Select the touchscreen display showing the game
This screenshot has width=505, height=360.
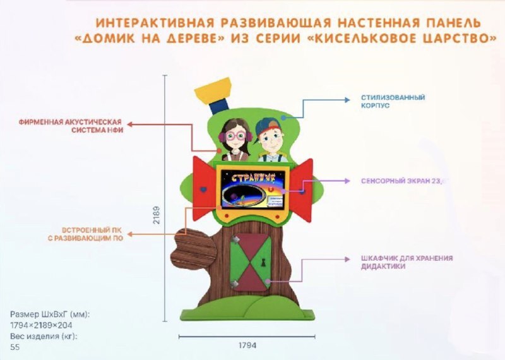251,188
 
